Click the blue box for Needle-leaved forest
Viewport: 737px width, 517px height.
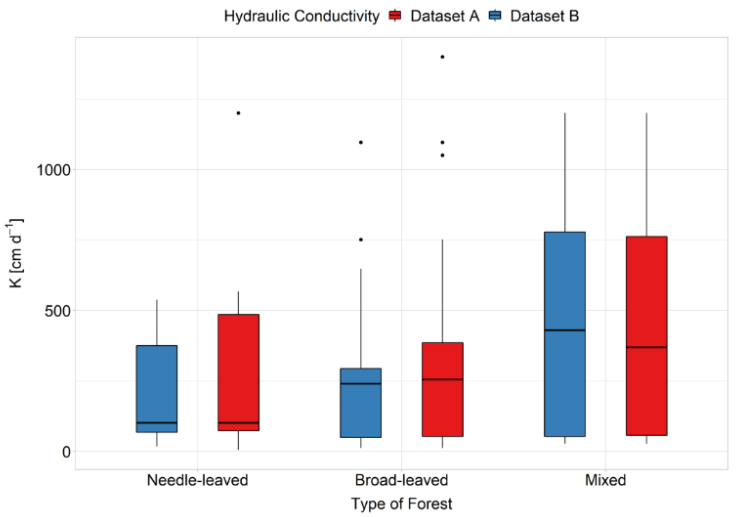[157, 389]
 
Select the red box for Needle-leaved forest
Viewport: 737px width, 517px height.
[238, 372]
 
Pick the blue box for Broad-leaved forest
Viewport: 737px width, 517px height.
[361, 403]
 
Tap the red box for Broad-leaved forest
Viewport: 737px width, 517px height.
[442, 389]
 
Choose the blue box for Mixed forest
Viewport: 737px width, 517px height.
[565, 334]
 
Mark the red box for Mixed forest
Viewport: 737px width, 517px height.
[646, 336]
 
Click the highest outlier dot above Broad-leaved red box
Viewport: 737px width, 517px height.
[442, 57]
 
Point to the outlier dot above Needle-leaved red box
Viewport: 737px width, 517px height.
[238, 113]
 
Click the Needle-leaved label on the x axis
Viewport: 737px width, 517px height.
[198, 480]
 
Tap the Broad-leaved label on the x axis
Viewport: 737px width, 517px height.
[401, 480]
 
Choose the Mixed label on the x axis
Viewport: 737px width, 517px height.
[605, 480]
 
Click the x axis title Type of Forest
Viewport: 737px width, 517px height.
[401, 504]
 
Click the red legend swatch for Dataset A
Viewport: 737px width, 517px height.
[395, 15]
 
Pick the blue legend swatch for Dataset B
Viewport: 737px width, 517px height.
[495, 15]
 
